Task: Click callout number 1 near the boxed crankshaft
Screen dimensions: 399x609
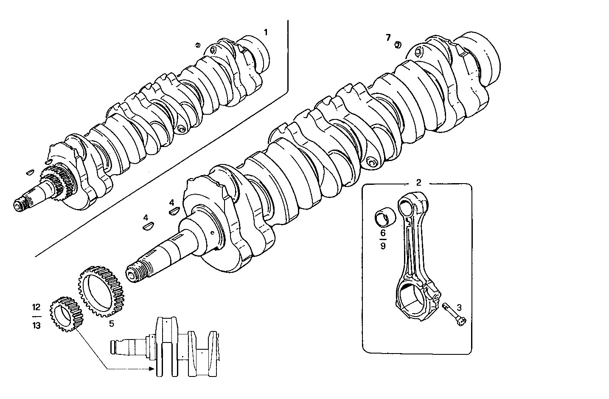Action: [x=266, y=32]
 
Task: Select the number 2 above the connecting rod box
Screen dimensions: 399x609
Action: [x=418, y=183]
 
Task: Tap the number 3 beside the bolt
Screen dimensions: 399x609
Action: [x=459, y=307]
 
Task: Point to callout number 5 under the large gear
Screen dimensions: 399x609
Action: [x=111, y=324]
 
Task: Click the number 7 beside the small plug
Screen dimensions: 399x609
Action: [x=388, y=37]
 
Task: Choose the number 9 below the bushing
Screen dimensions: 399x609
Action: [x=383, y=246]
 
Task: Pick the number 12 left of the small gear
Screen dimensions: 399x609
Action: [x=36, y=307]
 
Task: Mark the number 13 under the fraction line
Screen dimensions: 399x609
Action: [x=36, y=326]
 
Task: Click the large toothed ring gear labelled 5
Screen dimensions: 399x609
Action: [x=103, y=291]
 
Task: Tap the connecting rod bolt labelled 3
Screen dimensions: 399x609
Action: [x=454, y=315]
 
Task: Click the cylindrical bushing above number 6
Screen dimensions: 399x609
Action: [x=385, y=216]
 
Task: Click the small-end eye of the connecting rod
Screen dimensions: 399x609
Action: [x=408, y=207]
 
